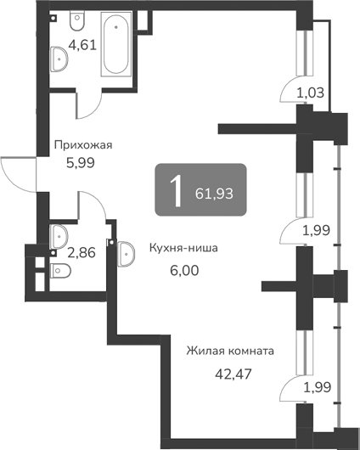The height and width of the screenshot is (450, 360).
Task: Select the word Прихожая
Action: (x=83, y=145)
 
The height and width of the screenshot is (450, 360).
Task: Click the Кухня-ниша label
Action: (x=184, y=249)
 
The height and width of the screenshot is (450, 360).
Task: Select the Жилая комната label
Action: (x=231, y=350)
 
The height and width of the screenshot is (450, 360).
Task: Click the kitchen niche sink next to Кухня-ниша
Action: (x=127, y=251)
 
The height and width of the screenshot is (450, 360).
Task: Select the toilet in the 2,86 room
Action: (x=59, y=271)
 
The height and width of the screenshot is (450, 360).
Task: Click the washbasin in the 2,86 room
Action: (x=59, y=232)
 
